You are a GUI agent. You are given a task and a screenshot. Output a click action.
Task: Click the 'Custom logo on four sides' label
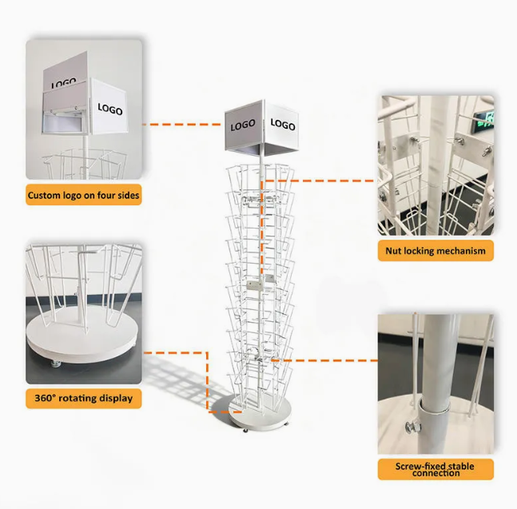[x=84, y=195]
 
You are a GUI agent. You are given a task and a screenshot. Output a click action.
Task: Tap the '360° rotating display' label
[x=84, y=397]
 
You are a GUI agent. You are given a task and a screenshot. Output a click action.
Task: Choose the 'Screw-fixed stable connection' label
[x=435, y=469]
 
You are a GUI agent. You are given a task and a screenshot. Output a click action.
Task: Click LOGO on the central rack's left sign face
[x=243, y=125]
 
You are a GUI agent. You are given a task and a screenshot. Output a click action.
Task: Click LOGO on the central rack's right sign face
[x=282, y=125]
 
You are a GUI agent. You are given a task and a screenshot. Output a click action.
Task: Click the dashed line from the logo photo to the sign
[x=183, y=125]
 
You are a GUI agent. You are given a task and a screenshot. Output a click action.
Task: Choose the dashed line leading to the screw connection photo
[x=336, y=360]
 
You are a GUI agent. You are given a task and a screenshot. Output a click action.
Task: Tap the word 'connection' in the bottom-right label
[x=435, y=474]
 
